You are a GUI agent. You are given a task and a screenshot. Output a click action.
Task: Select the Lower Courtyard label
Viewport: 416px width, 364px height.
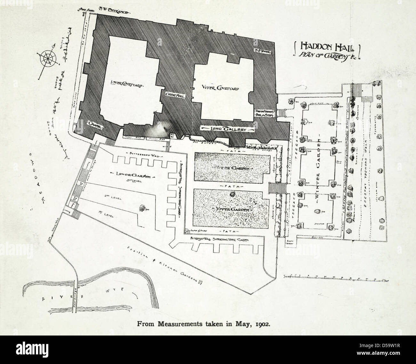(x=126, y=84)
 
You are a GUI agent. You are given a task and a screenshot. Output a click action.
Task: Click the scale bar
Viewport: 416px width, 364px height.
(x=336, y=276)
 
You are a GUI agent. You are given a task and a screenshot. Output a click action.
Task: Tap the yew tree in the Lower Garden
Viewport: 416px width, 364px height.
(x=141, y=208)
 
